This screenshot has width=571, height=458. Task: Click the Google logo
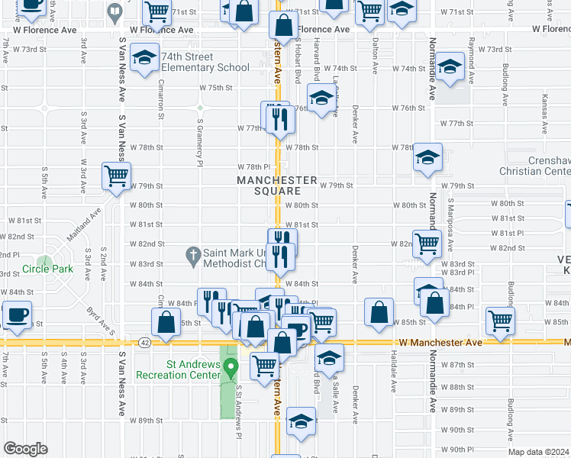(x=25, y=449)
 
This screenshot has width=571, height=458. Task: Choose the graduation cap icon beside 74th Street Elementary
(x=144, y=58)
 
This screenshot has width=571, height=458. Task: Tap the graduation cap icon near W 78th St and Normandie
(x=427, y=159)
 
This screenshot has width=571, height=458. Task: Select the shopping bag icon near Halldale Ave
(x=379, y=313)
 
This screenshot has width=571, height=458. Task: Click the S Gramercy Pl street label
(x=200, y=141)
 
